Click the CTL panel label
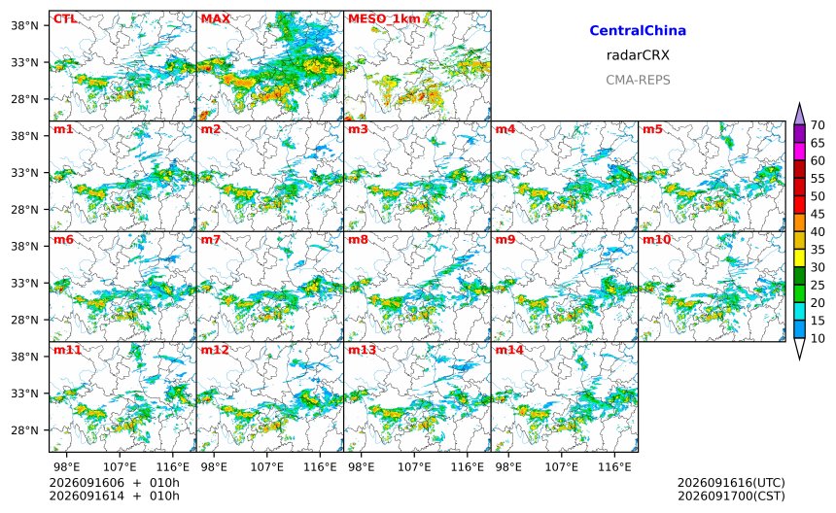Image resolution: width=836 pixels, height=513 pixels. tap(64, 19)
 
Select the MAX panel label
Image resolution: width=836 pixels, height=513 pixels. tap(216, 19)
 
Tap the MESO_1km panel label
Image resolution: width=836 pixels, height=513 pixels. tap(384, 19)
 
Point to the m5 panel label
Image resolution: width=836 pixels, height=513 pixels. tap(652, 129)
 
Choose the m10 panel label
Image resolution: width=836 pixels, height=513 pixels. tap(656, 240)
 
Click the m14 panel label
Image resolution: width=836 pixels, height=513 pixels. tap(509, 350)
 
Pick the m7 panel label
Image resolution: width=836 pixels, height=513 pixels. tap(211, 240)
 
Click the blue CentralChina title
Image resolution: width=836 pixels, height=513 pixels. tap(638, 31)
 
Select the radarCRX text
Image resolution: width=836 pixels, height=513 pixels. tap(638, 55)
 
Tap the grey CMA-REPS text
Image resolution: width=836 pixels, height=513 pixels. tap(638, 80)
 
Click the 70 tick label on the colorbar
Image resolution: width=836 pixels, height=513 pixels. tap(818, 125)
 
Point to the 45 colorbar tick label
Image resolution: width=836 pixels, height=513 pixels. tap(818, 214)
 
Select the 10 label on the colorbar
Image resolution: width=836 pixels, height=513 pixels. tap(818, 338)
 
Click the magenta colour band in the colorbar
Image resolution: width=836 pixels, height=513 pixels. tap(799, 152)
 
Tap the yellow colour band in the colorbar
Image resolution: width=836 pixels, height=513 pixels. tap(799, 258)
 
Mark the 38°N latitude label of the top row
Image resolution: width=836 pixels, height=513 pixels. tap(24, 25)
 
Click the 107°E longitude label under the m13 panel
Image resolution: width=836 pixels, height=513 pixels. tap(414, 467)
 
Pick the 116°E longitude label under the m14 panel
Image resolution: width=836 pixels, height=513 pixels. tap(614, 467)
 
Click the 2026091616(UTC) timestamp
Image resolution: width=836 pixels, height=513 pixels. tap(731, 483)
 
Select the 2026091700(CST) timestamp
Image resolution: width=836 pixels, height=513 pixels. tap(731, 496)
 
